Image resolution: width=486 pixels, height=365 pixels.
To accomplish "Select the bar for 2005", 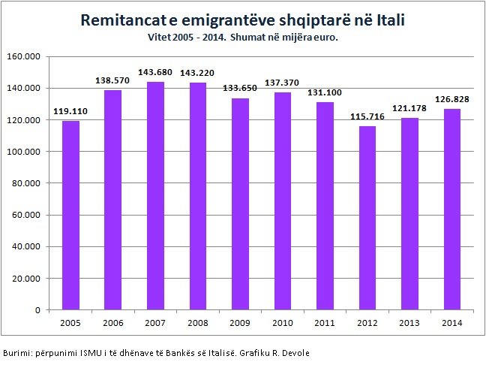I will click(70, 216).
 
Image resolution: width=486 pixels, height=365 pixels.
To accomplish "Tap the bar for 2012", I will click(367, 218).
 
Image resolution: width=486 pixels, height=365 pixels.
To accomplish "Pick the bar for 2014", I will click(452, 210).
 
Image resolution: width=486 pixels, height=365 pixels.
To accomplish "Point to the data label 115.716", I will click(367, 116).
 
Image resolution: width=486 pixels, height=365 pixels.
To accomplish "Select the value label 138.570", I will click(112, 80).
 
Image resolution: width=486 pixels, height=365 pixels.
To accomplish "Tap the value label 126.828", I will click(452, 98).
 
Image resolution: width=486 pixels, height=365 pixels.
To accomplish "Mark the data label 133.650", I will click(240, 88).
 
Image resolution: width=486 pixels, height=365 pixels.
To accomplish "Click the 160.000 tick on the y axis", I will click(26, 56).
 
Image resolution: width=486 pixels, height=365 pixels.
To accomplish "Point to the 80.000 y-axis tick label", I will click(28, 183).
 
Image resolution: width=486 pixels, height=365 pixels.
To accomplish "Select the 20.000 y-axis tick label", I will click(28, 279).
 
